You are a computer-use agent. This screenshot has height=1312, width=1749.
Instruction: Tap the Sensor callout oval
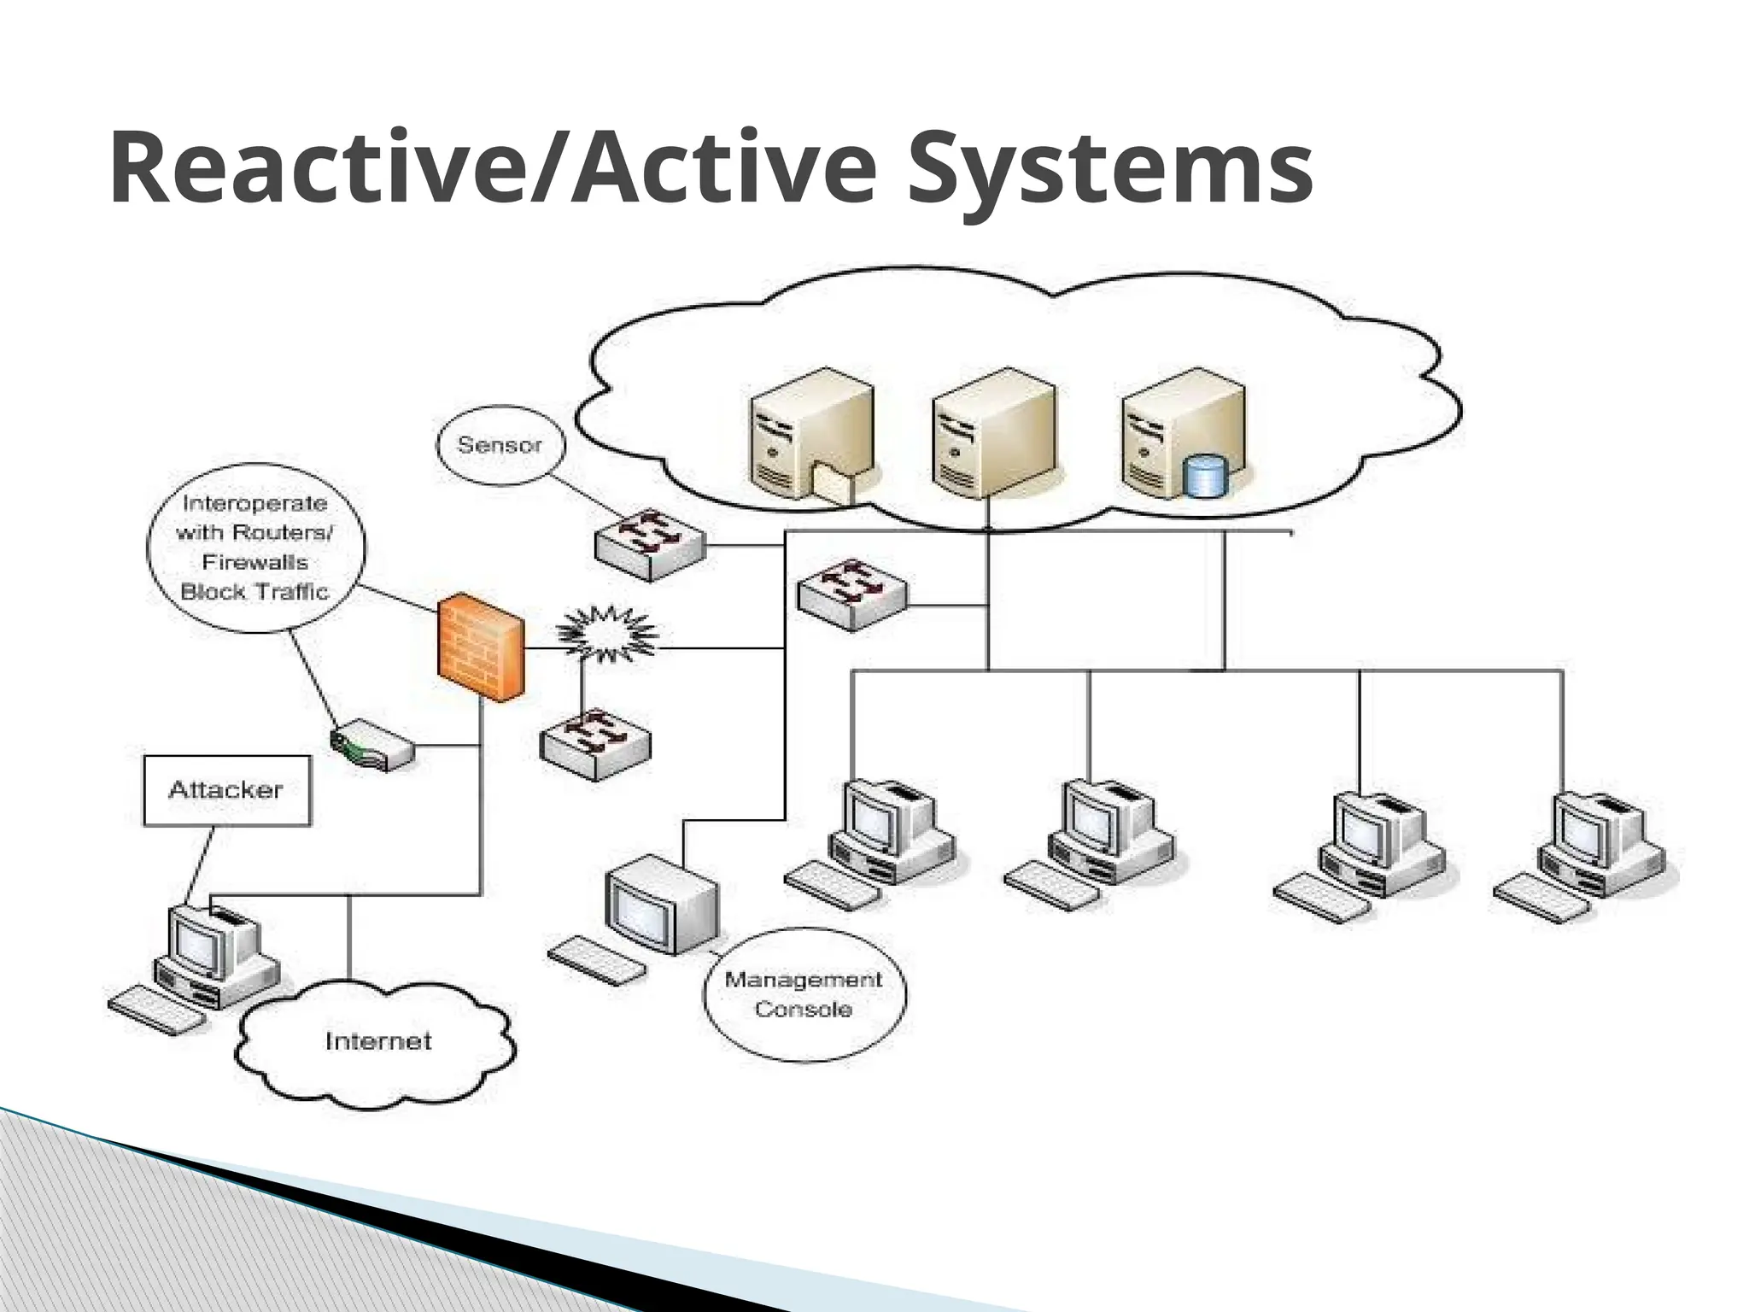point(500,445)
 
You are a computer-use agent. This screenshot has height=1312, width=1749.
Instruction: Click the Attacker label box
point(226,790)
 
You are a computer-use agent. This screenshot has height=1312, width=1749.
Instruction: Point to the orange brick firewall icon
point(480,647)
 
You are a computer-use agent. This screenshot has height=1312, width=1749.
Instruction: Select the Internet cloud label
point(377,1041)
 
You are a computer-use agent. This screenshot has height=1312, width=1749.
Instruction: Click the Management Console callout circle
point(804,994)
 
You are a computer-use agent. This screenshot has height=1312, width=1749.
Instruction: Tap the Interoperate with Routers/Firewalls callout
point(255,548)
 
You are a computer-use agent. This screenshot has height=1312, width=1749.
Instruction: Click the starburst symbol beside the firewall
point(606,634)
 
